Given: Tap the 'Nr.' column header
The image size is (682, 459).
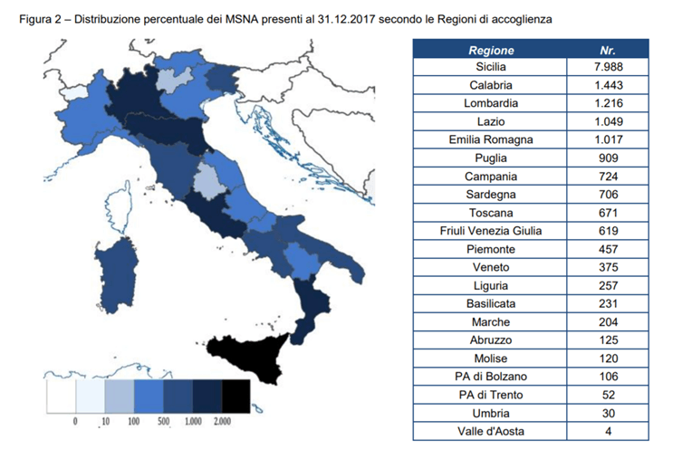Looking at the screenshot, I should point(608,51).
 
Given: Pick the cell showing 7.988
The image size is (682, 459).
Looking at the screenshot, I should point(608,68).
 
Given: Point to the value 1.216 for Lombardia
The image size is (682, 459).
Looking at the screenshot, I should point(608,104).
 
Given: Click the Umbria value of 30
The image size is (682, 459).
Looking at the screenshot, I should point(608,413).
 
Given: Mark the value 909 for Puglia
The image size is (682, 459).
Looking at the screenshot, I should point(608,158).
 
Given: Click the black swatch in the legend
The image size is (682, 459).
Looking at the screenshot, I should point(235,396).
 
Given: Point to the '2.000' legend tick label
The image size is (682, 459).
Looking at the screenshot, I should point(221,422).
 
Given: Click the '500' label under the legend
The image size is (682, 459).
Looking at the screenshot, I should point(163,422).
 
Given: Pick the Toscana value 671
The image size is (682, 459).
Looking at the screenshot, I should point(608,214).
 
